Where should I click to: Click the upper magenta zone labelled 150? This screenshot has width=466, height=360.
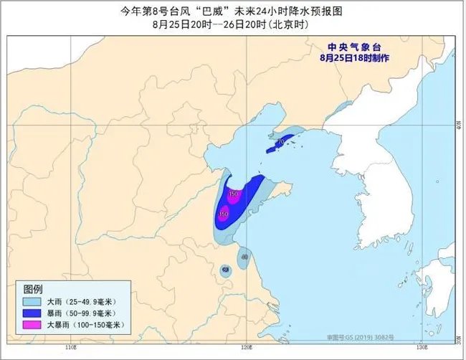[x=233, y=194]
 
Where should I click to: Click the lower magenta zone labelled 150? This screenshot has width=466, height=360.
[x=224, y=213]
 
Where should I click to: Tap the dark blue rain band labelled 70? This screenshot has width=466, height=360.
[x=281, y=143]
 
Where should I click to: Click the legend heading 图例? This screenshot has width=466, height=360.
[x=34, y=288]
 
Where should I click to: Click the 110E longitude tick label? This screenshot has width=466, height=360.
[x=70, y=347]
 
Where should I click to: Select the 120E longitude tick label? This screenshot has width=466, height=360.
[x=247, y=347]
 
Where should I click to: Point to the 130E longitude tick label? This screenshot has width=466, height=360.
[x=424, y=347]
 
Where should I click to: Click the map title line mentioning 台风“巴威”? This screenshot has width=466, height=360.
[x=232, y=10]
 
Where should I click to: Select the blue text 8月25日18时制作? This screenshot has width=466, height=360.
[x=355, y=57]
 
